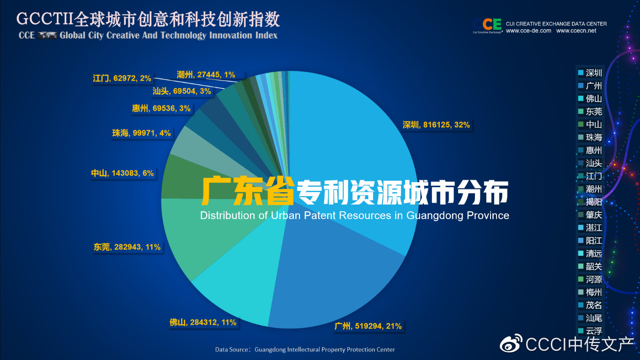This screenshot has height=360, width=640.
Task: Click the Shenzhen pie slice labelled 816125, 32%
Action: click(347, 137)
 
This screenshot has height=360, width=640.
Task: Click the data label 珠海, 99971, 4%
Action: click(141, 133)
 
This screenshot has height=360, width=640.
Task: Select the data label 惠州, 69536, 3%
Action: click(161, 109)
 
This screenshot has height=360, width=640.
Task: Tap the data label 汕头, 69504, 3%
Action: click(181, 91)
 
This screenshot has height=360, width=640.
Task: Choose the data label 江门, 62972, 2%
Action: click(122, 78)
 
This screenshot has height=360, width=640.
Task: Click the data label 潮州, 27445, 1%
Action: click(206, 74)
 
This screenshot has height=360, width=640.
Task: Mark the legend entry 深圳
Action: click(590, 73)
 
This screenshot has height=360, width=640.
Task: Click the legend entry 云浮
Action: click(590, 331)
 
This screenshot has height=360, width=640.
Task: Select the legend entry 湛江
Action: click(590, 228)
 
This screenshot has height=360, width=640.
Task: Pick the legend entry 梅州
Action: click(590, 292)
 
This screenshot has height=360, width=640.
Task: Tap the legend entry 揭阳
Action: click(590, 202)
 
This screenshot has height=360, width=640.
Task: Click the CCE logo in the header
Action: click(487, 25)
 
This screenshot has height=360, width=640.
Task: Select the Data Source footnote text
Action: click(305, 349)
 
